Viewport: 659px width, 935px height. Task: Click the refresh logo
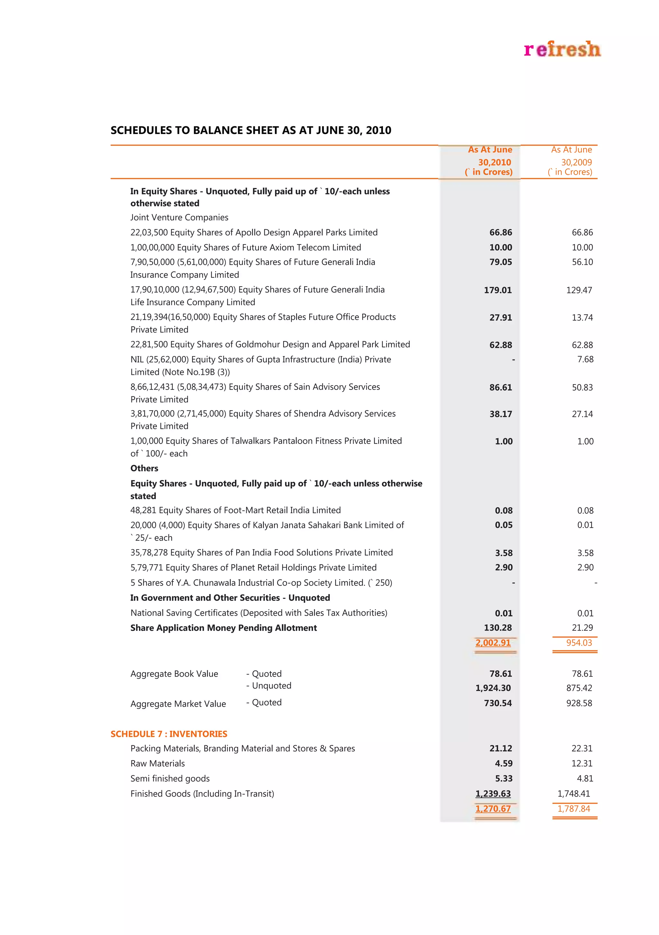[562, 49]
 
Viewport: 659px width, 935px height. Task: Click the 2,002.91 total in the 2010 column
[493, 643]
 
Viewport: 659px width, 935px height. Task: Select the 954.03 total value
[579, 643]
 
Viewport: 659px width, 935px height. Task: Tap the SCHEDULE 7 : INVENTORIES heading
[169, 734]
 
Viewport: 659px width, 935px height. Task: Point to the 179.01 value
[497, 290]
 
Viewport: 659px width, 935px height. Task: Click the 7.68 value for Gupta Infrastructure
[585, 359]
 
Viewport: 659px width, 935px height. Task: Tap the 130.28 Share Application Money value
[497, 628]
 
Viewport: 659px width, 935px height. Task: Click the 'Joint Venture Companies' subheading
[179, 217]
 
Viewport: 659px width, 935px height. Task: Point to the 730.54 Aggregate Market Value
[497, 703]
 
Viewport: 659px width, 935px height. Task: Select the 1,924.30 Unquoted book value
[493, 688]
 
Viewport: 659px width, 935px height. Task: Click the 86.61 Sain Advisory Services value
[500, 387]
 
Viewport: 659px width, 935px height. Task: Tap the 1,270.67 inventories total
[493, 808]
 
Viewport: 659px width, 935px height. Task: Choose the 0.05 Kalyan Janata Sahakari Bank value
[504, 525]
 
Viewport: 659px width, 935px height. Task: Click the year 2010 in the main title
[378, 130]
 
